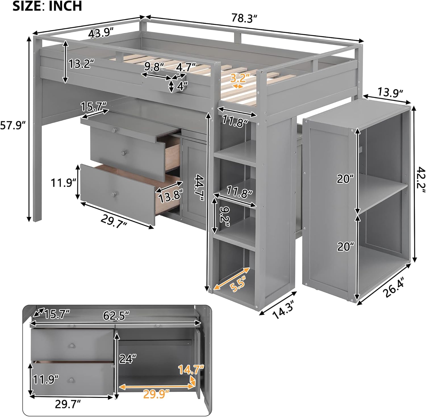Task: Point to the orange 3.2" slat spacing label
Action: coord(240,77)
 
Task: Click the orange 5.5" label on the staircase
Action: coord(238,283)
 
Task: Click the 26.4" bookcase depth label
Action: coord(393,288)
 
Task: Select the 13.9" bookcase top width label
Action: coord(390,92)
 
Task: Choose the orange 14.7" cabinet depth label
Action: coord(191,370)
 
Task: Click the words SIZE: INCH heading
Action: coord(47,6)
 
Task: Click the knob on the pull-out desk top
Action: coord(114,130)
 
